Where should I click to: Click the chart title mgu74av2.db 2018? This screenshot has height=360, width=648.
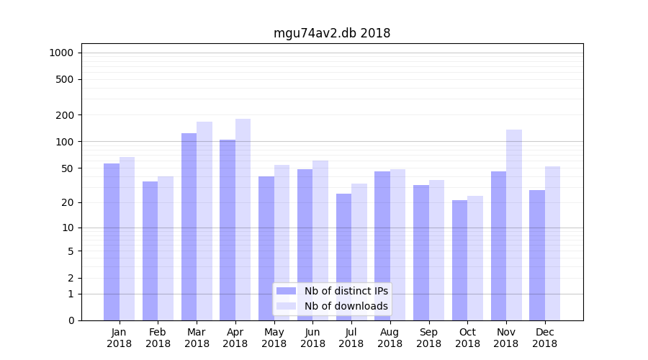point(332,33)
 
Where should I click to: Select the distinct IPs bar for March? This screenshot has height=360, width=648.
point(189,227)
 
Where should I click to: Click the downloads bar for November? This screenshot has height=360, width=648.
point(514,225)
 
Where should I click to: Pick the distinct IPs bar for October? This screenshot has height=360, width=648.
point(459,260)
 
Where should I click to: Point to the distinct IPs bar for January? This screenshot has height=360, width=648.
point(112,242)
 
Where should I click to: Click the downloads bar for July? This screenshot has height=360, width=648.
point(359,252)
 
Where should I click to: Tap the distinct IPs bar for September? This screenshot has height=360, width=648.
point(421,253)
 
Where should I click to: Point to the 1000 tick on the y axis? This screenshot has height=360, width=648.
point(61,53)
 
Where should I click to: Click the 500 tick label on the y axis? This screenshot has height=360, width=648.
point(65,79)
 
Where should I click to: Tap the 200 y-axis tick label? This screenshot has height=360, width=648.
point(65,115)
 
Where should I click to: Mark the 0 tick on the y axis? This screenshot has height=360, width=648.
point(71,320)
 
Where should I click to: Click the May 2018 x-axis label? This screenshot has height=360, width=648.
point(274,338)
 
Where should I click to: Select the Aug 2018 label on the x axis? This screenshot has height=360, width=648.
point(390,338)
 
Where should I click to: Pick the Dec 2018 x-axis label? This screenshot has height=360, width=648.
point(544,338)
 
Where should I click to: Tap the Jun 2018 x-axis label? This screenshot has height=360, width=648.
point(312,338)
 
